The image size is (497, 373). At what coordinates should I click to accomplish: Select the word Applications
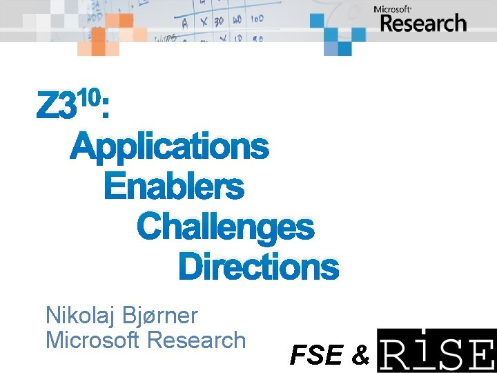pos(169,146)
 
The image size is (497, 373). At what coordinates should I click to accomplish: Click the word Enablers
pos(173,186)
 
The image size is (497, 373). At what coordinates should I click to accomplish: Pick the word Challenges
pos(225,227)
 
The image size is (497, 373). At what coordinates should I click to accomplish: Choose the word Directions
pos(258,267)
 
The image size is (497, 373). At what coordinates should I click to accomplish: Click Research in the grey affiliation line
pos(197,340)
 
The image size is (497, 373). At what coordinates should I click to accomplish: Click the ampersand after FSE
pos(360,355)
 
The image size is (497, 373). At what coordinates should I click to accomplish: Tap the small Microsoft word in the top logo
pos(393,9)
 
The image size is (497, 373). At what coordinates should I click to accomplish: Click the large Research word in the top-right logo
pos(423,23)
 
